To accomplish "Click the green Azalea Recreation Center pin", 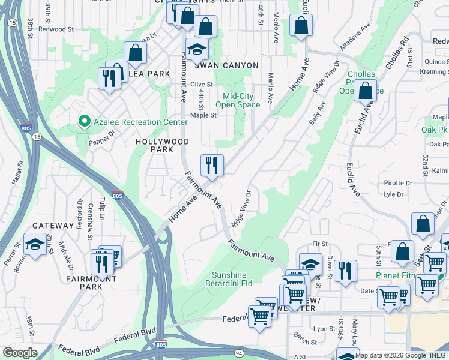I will point(84,122).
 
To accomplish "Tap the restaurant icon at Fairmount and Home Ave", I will point(212,165).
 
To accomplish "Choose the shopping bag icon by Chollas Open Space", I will point(365,91).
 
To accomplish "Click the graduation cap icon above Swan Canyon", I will point(196,50).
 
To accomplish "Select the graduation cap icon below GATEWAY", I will point(35,245).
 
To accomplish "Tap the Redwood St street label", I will point(56,28).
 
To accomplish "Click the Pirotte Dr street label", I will point(397,183).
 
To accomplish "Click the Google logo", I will point(20,352).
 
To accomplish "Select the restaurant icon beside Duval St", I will point(345,271).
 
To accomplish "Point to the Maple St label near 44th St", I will point(203,115).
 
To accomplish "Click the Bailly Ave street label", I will point(318,113).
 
